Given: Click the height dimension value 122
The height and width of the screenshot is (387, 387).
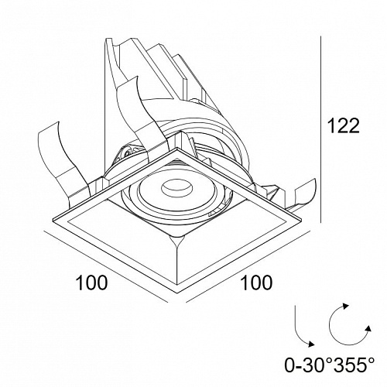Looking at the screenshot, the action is point(343,125).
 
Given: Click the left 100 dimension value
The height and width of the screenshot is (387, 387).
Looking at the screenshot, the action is point(91,283).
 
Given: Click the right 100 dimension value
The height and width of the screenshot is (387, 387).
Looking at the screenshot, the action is point(256,283).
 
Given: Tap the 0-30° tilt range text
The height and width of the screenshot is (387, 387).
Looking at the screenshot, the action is point(307,365).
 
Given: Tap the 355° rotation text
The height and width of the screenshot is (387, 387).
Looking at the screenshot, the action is point(351,365).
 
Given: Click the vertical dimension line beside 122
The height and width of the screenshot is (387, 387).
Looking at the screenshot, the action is point(320,129).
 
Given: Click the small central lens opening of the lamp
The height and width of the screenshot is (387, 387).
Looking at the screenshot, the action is point(176,188).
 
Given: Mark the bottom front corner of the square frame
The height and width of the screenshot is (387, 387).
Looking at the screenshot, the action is point(177,293).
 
